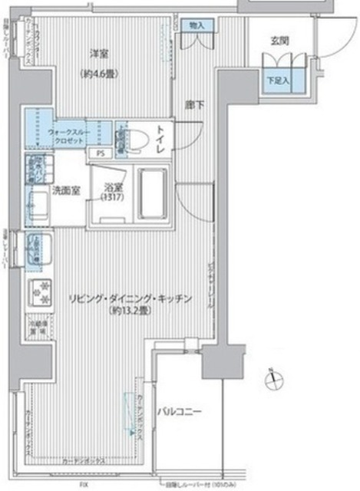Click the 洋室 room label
point(97,54)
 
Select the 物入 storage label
point(197,25)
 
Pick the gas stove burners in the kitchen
point(39,292)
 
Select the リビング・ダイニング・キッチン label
point(129,298)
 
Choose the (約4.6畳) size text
point(97,74)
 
